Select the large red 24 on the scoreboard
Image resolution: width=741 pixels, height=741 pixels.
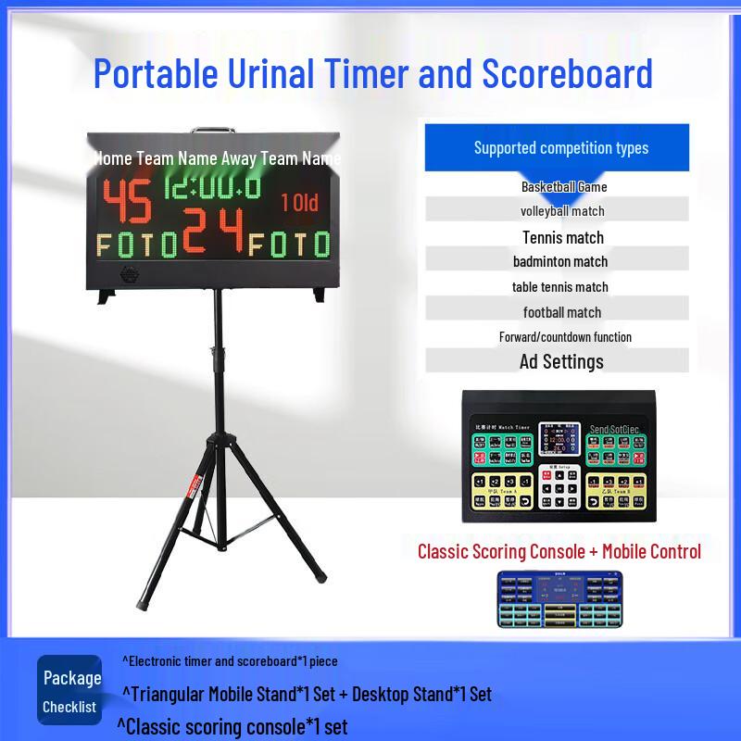point(214,231)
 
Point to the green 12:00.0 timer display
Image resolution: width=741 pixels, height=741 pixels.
point(212,188)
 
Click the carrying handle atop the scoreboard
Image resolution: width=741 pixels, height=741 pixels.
point(214,132)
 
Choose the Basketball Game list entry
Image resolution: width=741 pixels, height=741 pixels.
point(563,187)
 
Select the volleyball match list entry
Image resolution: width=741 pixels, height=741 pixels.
point(561,211)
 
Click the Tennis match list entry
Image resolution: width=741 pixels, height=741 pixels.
point(562,237)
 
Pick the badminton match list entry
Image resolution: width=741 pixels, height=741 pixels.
point(560,261)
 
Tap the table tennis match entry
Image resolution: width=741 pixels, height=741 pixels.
point(560,286)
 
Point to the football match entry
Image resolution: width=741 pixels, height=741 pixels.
point(561,312)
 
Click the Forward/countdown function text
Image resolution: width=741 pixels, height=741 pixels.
point(565,337)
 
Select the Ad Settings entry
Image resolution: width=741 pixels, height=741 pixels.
point(561,361)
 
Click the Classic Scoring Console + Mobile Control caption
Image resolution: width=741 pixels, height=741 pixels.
point(559,552)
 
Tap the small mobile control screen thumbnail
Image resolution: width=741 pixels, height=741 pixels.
point(559,600)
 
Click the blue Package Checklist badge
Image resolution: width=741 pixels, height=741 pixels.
point(70,691)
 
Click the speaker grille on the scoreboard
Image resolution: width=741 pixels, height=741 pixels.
point(130,276)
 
